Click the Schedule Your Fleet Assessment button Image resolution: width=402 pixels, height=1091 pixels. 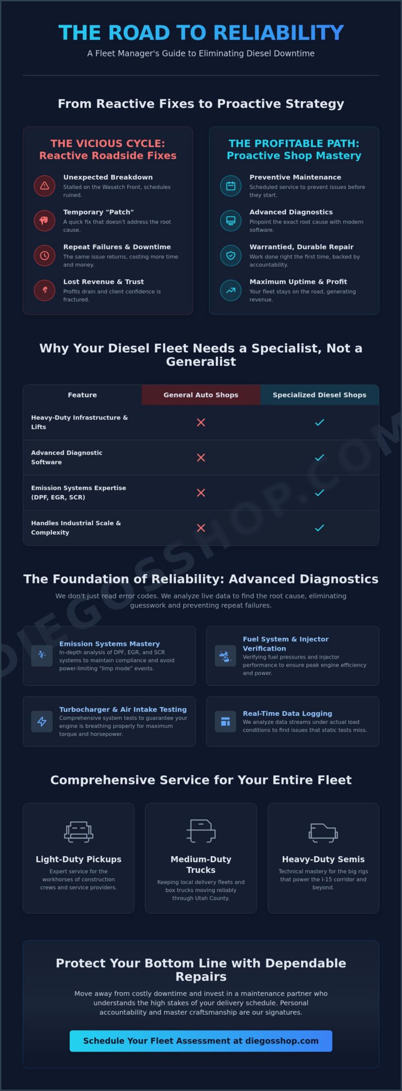point(201,1040)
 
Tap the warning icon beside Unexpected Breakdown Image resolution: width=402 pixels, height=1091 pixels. point(44,185)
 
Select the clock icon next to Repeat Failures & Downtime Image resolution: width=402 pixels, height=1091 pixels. point(44,255)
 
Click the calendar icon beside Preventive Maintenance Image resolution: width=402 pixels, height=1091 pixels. point(231,185)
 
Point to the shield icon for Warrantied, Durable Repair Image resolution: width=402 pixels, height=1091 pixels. point(231,255)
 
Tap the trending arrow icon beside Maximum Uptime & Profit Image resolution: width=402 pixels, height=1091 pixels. point(231,290)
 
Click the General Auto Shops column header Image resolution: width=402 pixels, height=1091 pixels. point(201,395)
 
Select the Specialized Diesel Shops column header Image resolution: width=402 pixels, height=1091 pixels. point(320,395)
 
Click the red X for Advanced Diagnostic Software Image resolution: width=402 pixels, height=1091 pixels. point(201,458)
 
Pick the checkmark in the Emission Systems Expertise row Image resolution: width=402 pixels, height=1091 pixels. point(320,492)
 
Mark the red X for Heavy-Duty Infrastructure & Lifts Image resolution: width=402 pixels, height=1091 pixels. point(201,422)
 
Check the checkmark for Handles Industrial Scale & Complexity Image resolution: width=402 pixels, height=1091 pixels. point(320,528)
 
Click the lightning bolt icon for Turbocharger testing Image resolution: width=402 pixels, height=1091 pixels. point(42,721)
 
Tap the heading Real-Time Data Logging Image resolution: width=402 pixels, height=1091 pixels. point(287,713)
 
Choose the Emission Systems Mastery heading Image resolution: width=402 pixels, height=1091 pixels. point(110,643)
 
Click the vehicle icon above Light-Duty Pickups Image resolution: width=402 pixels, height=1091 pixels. point(79,831)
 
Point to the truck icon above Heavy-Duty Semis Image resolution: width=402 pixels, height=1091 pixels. point(323,831)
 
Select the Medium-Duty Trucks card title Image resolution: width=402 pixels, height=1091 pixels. point(201,864)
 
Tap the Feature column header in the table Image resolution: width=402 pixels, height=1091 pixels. point(82,395)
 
